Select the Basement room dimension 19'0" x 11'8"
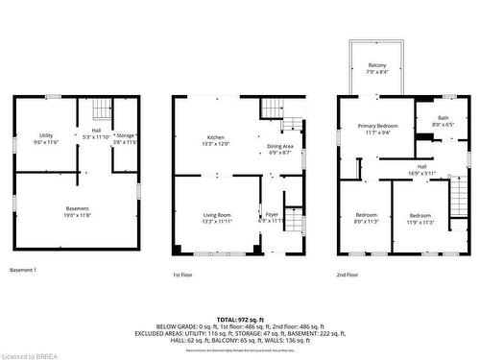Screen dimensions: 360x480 77,215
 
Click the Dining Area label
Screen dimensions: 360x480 280,146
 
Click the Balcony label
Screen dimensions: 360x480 377,65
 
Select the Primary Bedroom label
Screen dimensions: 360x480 377,127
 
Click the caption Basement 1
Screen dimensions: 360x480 23,270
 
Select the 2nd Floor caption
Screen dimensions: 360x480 348,275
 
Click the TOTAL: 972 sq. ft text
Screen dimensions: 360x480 240,318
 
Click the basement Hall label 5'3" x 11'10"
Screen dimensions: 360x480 96,135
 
